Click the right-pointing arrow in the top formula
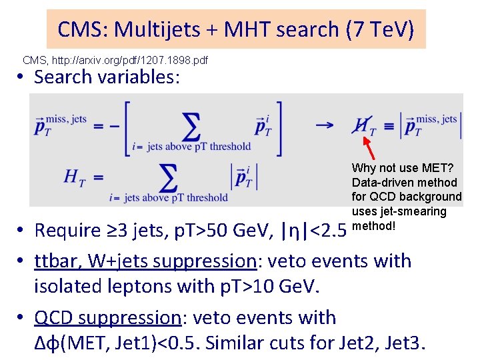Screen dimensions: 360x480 coord(325,125)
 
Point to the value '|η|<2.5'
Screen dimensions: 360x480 coord(316,231)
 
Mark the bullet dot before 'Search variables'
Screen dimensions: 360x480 coord(22,77)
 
